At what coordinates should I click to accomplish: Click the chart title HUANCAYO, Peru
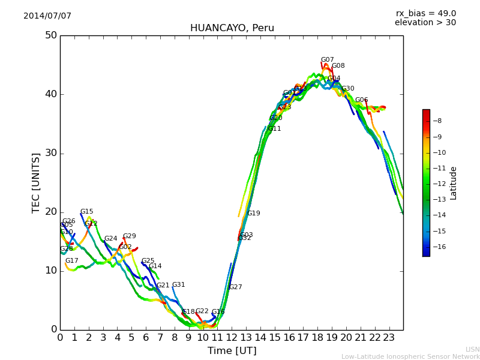point(232,28)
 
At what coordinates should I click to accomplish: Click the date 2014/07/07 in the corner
point(47,16)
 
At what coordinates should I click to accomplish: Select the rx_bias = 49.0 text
point(425,14)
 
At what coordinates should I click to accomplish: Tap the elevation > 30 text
point(425,23)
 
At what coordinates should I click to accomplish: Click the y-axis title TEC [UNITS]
point(36,182)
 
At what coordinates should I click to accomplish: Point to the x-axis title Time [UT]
point(232,351)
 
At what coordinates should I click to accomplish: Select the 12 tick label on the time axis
point(232,338)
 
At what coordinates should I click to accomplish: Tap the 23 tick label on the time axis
point(389,338)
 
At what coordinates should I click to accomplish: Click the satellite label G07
point(327,60)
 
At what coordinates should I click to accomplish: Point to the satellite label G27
point(236,287)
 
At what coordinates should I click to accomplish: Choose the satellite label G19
point(254,214)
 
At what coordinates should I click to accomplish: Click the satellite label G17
point(72,261)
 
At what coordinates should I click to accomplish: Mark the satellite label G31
point(179,285)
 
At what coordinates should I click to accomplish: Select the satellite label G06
point(361,100)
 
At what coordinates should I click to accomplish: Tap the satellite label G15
point(87,212)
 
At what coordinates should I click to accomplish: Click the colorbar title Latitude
point(454,183)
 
